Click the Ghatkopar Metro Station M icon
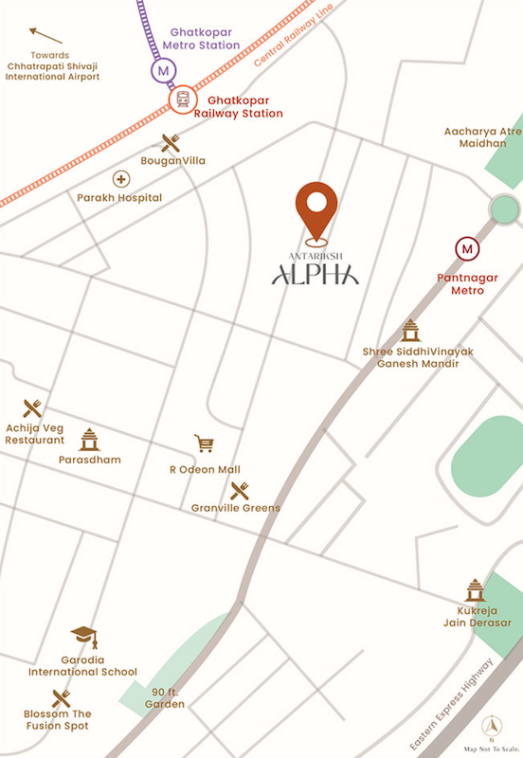(165, 70)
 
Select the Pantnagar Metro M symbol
(466, 249)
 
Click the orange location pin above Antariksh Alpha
(316, 208)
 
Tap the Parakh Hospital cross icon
(120, 178)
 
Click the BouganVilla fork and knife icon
(171, 142)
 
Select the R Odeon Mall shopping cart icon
(204, 443)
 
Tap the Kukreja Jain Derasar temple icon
(477, 589)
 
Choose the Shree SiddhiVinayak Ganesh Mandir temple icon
(409, 331)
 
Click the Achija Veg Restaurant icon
(33, 409)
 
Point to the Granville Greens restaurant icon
(239, 490)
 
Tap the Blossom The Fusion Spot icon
(62, 699)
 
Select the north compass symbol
(491, 726)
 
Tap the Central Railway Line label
(295, 45)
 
